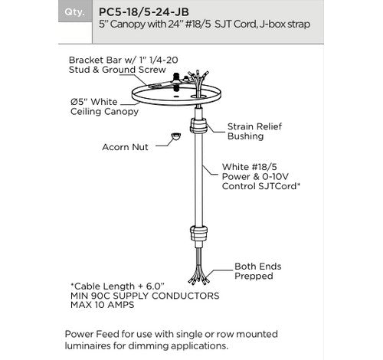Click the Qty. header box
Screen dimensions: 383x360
(x=75, y=11)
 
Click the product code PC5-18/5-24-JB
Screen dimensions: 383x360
(x=144, y=12)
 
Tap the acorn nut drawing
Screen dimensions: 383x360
(x=176, y=136)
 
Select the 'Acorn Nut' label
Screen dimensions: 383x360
(x=125, y=147)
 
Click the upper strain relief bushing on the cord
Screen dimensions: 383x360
(x=198, y=125)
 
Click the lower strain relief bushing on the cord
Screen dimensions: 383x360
(x=198, y=234)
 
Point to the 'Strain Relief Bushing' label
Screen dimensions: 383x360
(x=254, y=131)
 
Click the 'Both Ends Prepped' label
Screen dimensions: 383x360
(x=258, y=271)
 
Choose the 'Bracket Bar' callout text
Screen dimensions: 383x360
(x=123, y=65)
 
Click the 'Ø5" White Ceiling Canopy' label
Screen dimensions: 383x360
(x=104, y=106)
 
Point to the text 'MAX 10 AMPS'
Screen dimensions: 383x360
(x=102, y=305)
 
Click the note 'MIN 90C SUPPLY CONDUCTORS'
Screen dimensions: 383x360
(x=145, y=296)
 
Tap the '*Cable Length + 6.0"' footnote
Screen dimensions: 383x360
(x=117, y=286)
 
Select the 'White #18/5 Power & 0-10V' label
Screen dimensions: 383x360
(x=255, y=172)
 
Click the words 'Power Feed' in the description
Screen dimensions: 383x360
(x=92, y=334)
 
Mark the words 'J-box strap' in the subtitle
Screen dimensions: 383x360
(x=285, y=25)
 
